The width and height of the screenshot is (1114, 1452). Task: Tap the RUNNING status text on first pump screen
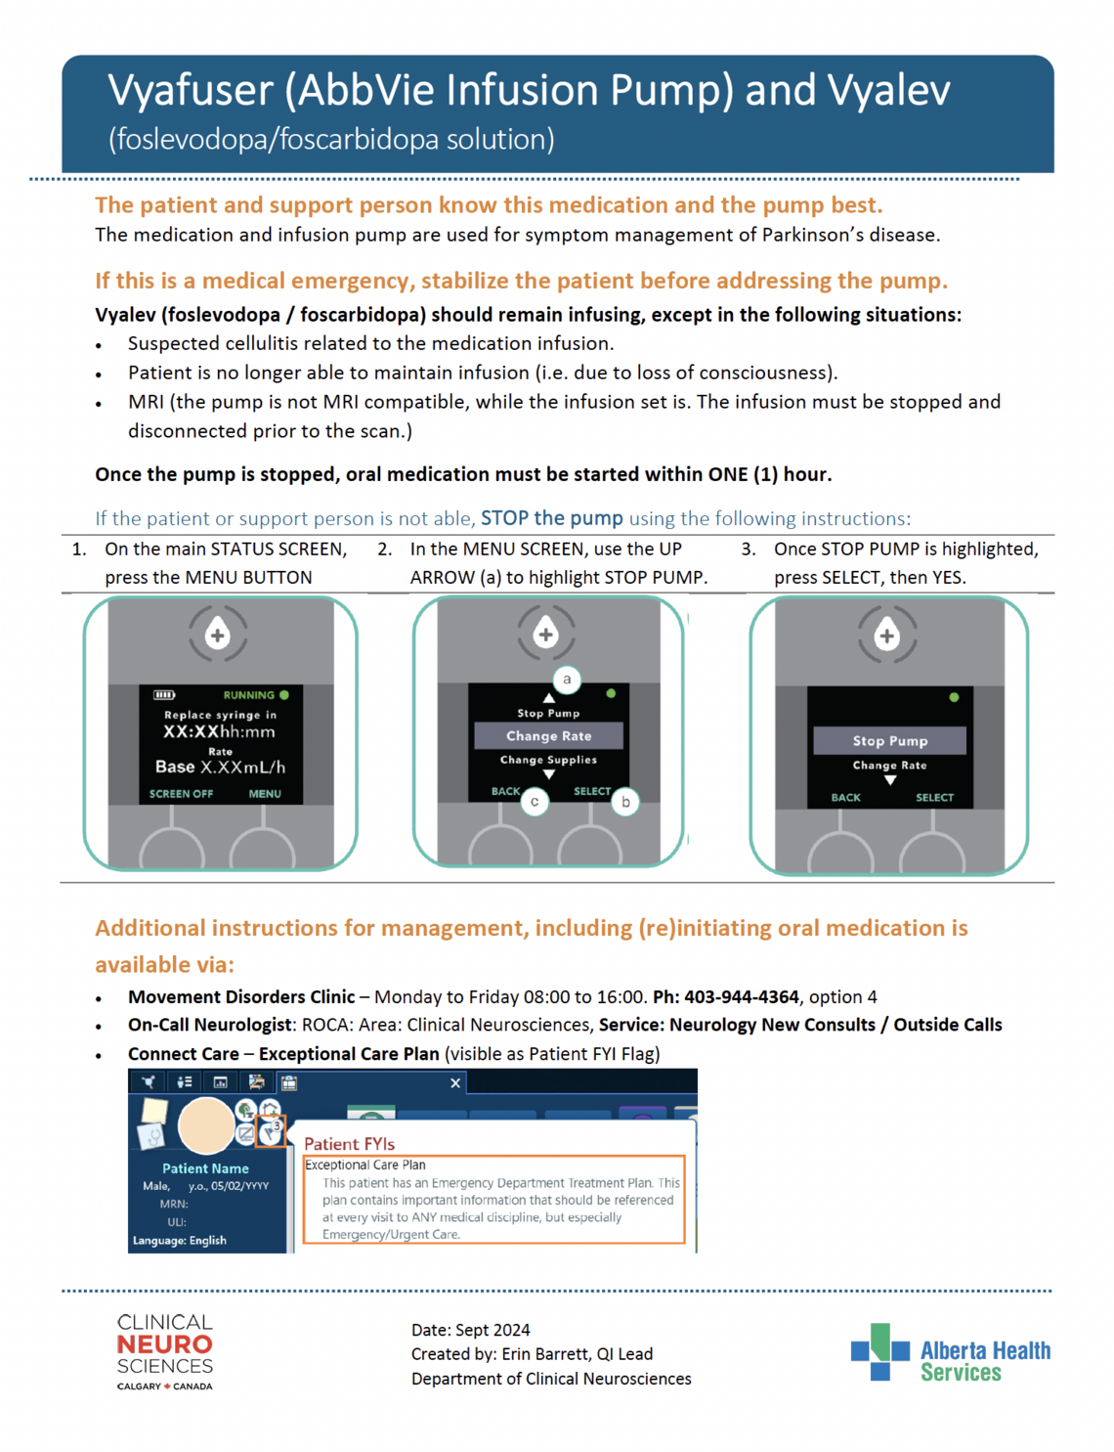tap(248, 695)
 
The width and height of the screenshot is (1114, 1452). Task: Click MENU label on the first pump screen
tap(264, 794)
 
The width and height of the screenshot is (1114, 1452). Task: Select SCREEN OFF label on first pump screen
tap(181, 794)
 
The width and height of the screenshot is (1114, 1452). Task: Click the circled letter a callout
tap(567, 680)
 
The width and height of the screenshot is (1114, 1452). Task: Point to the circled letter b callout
tap(625, 802)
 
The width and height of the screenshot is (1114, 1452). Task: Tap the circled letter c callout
tap(535, 802)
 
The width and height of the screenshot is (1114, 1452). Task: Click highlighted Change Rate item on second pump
tap(548, 736)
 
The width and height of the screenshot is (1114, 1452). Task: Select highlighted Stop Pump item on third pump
tap(889, 741)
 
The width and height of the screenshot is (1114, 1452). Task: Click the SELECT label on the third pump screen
tap(934, 798)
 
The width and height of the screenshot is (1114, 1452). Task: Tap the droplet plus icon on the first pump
tap(218, 636)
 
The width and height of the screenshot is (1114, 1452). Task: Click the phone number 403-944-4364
tap(741, 997)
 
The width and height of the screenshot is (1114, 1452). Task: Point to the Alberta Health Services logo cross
tap(879, 1351)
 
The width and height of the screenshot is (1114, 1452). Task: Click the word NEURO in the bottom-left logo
tap(164, 1345)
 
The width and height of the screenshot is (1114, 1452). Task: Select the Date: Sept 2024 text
tap(470, 1330)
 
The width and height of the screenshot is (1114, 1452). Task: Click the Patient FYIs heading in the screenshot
tap(349, 1144)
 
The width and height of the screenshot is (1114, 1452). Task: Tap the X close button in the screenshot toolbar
tap(455, 1082)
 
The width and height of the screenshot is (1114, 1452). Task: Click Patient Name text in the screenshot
tap(205, 1168)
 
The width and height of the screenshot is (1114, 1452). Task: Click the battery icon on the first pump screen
tap(164, 695)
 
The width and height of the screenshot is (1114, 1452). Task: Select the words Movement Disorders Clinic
tap(241, 997)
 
